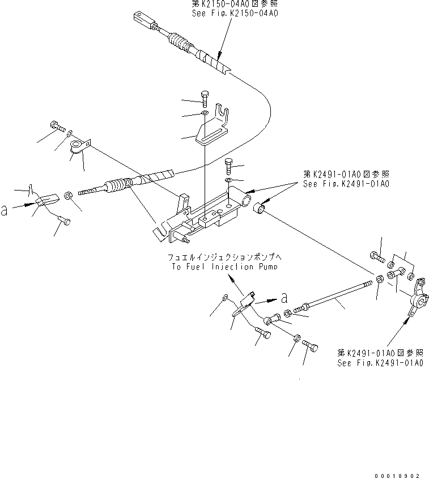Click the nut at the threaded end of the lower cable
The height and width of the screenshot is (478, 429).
[x=67, y=196]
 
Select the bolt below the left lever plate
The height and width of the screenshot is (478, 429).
[x=65, y=221]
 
